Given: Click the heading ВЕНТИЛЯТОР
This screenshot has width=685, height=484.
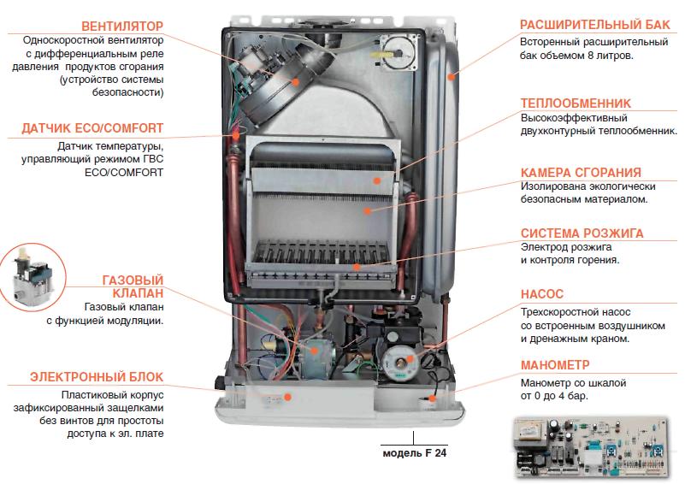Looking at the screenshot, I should tap(121, 24).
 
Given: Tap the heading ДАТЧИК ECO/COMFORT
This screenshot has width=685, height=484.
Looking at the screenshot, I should tap(93, 129).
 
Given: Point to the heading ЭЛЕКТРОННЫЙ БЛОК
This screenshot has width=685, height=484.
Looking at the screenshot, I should tap(96, 376).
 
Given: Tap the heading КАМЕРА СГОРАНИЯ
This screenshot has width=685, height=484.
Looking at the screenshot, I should tap(580, 171).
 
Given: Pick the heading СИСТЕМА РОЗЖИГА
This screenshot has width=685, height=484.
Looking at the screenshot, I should tap(582, 233).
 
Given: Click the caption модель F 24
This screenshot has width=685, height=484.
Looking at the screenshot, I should tap(415, 453).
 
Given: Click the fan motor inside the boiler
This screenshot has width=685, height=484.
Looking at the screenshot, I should tap(270, 75).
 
